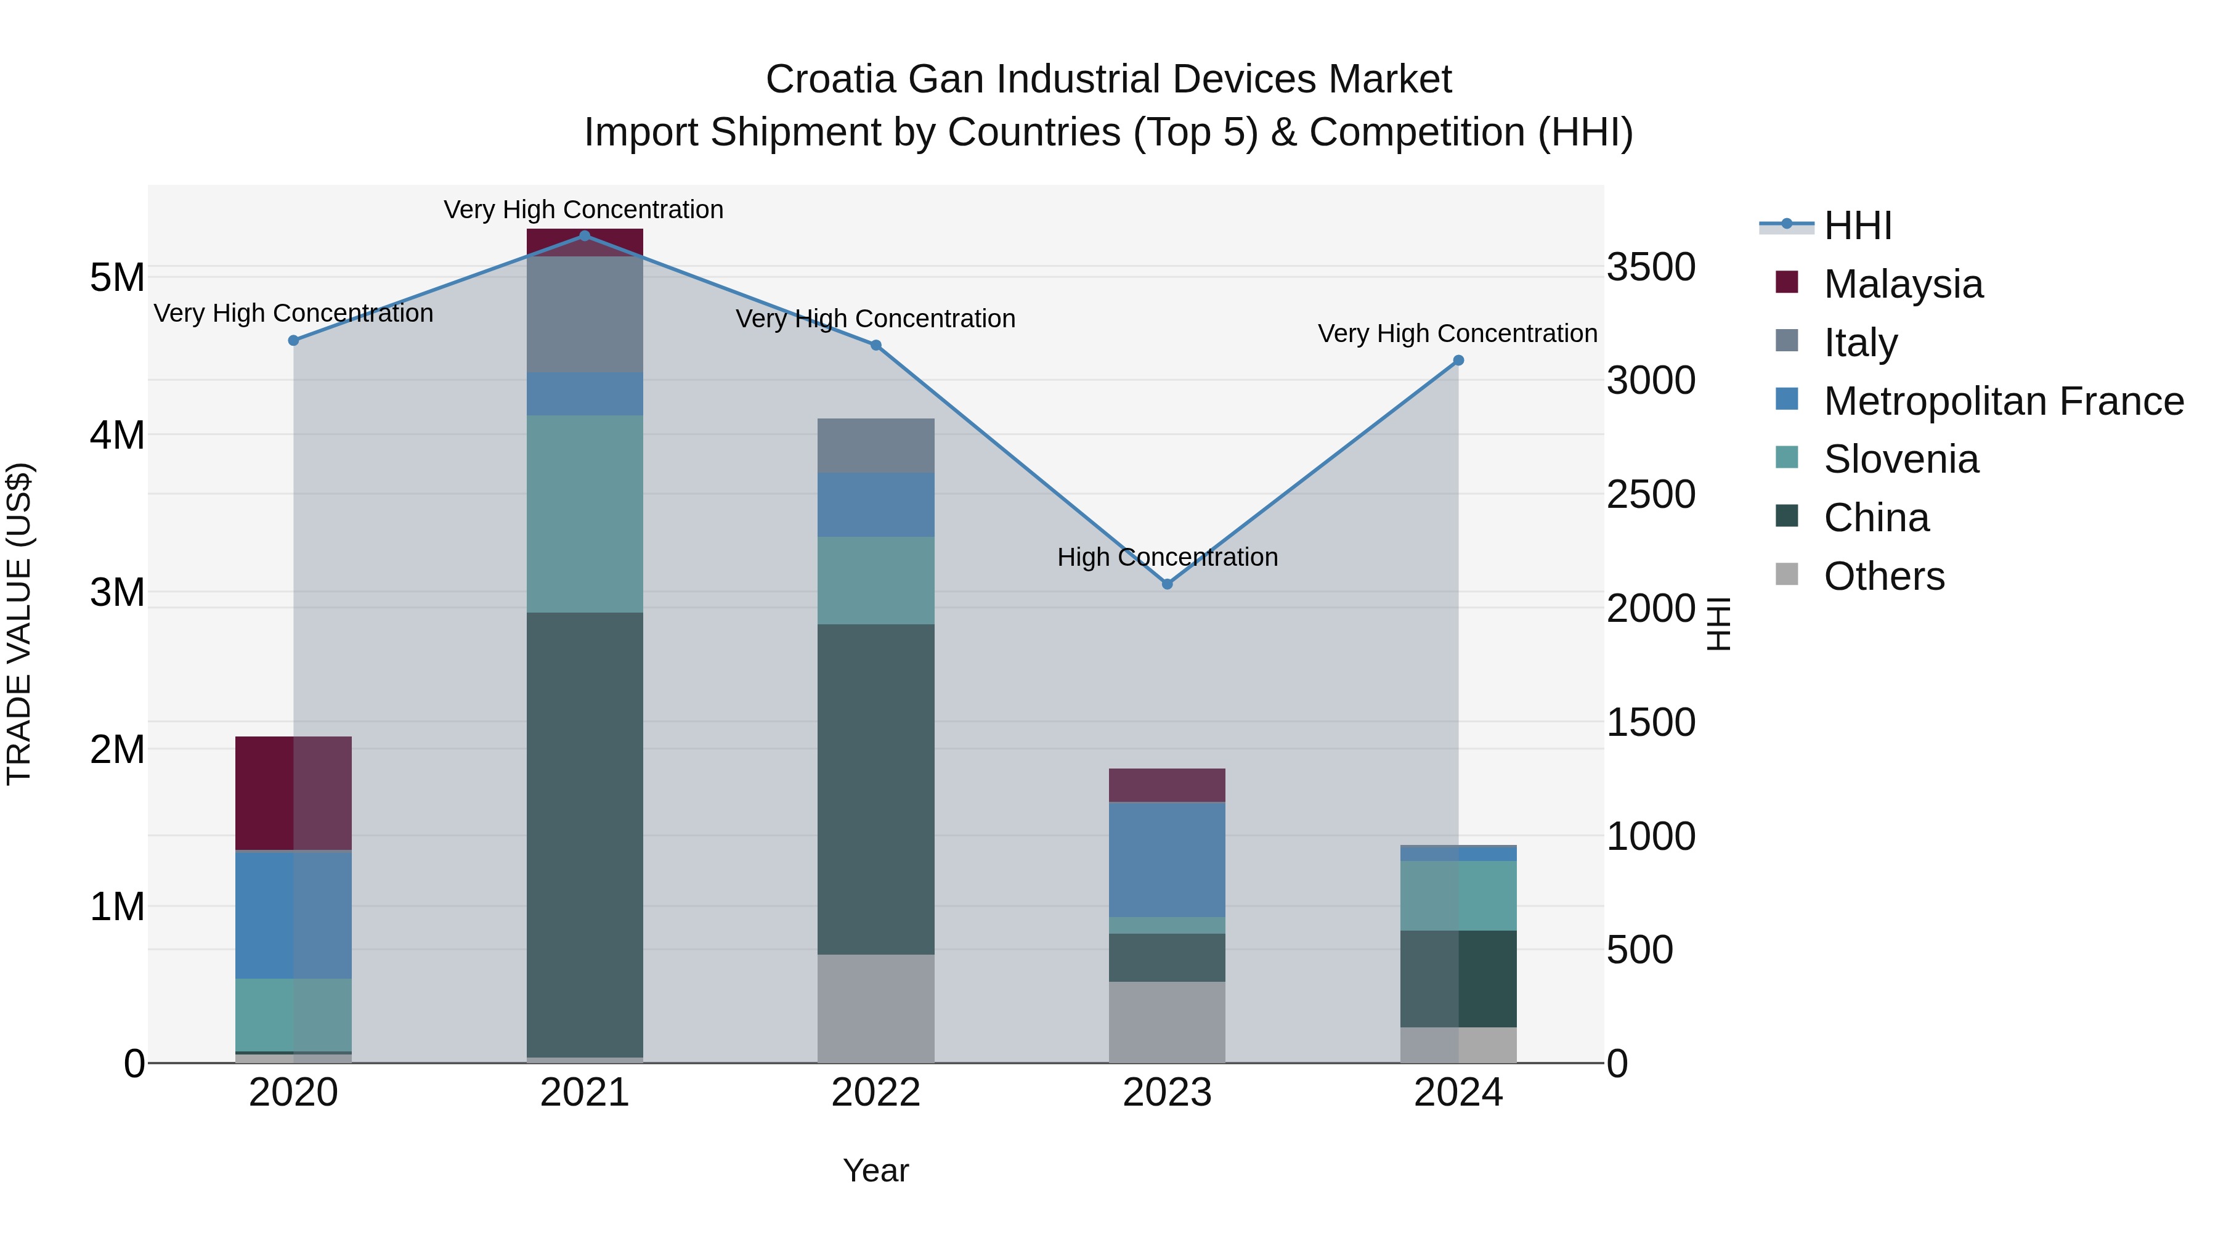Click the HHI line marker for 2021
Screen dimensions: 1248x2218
(x=585, y=236)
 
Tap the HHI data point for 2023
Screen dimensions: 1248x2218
(x=1168, y=584)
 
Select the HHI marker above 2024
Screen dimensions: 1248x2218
(x=1458, y=361)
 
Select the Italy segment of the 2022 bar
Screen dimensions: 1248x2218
(x=875, y=446)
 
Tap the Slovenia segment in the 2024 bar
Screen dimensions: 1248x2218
(x=1458, y=895)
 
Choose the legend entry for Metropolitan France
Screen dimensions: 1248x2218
(x=2004, y=401)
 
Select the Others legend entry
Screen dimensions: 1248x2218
(x=1884, y=576)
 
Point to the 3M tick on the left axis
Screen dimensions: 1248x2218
(x=117, y=592)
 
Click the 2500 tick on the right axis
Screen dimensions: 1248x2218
(x=1651, y=494)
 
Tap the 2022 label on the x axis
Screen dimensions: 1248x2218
(x=875, y=1093)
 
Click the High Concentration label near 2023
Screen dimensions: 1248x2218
(x=1167, y=557)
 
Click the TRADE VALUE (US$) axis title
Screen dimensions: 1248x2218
(x=20, y=624)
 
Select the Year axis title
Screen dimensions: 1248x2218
(x=875, y=1170)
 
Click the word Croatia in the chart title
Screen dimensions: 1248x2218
(x=830, y=80)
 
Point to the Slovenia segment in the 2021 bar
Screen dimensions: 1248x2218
(x=585, y=513)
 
